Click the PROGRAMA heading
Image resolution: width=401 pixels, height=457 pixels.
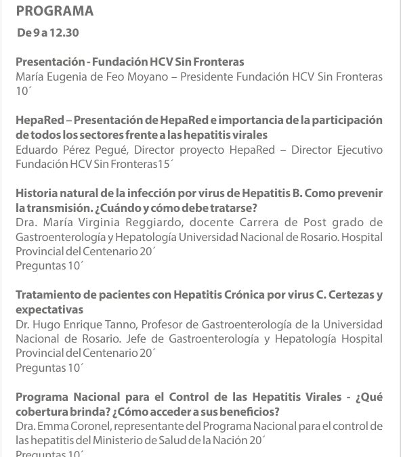[x=55, y=11]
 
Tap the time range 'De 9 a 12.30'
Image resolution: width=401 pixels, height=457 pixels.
[x=49, y=33]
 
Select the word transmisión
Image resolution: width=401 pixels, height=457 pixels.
[x=64, y=208]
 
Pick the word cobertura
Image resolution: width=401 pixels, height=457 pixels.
[x=41, y=411]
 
